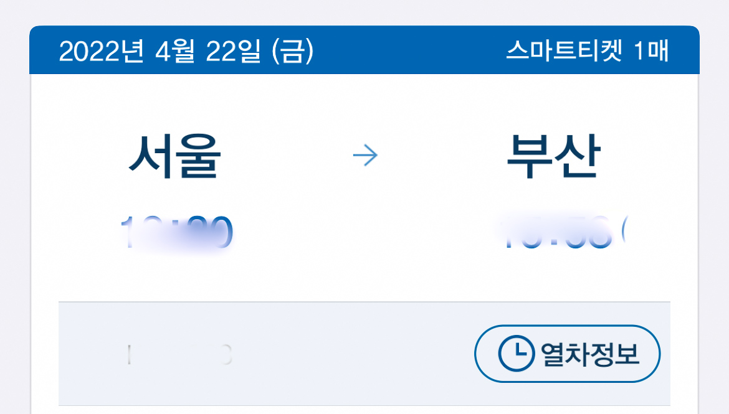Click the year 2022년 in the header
click(103, 51)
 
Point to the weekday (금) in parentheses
click(293, 51)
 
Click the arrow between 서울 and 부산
click(365, 156)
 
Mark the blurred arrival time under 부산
click(555, 232)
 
